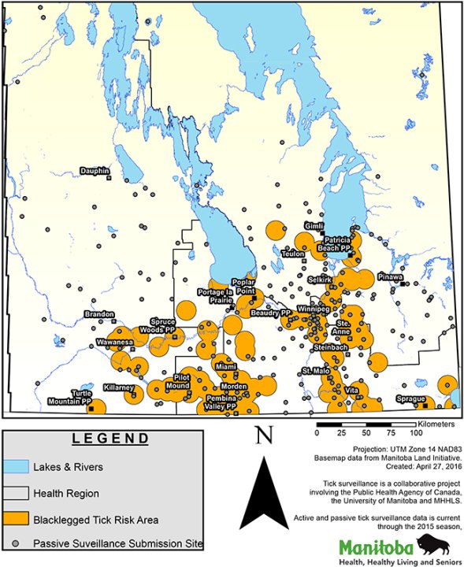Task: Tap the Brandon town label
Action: click(99, 314)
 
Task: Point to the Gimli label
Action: click(314, 224)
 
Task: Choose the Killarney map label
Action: click(118, 388)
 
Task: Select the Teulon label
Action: click(293, 254)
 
